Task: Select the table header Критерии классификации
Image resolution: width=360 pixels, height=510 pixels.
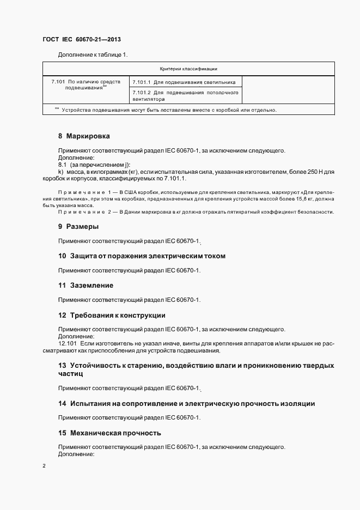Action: coord(188,69)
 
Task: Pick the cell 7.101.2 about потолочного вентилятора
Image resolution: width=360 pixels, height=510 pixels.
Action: coord(185,96)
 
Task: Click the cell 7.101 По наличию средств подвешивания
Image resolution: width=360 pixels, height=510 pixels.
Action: coord(86,84)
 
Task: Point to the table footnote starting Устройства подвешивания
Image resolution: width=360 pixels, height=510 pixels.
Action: coord(169,110)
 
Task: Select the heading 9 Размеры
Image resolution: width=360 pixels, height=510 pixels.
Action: coord(78,226)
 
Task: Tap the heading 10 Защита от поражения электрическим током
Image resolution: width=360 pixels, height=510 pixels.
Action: coord(142,256)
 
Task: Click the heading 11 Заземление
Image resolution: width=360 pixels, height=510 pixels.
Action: coord(86,285)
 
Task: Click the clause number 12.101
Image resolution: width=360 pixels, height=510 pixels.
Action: coord(68,344)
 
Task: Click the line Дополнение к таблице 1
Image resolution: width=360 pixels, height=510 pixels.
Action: coord(92,54)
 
